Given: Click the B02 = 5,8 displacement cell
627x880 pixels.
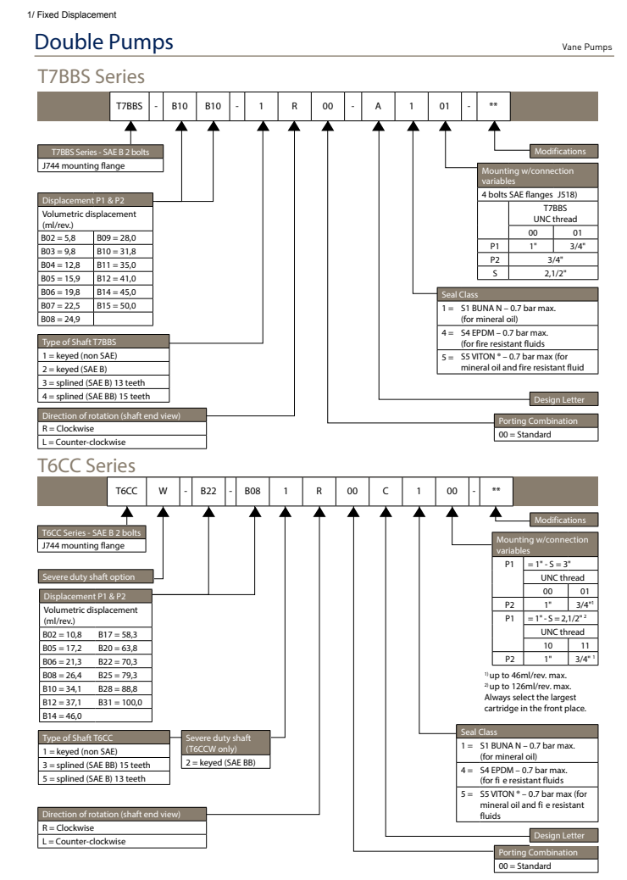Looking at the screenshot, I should tap(65, 241).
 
